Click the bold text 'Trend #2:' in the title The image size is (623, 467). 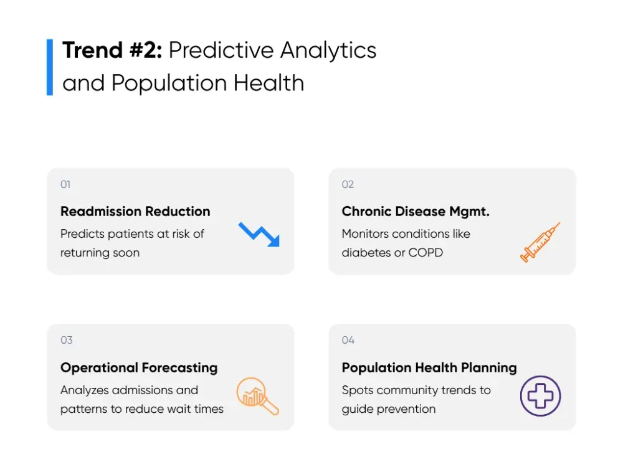[x=112, y=50]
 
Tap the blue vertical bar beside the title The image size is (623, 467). [x=50, y=67]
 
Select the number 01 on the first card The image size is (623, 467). [x=65, y=184]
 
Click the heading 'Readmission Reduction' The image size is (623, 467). [x=135, y=212]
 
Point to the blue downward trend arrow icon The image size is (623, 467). [x=259, y=233]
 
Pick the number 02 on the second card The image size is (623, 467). [x=348, y=184]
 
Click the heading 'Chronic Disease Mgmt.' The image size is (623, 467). [x=416, y=212]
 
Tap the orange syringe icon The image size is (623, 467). [x=540, y=242]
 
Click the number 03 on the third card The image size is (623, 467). [x=66, y=340]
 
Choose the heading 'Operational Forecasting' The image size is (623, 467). [x=139, y=368]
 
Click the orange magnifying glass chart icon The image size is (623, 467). [x=257, y=396]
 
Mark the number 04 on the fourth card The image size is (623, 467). [x=348, y=340]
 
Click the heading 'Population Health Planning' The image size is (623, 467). [x=429, y=368]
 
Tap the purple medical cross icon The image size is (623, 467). [x=540, y=396]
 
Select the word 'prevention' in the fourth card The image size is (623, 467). [x=404, y=409]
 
